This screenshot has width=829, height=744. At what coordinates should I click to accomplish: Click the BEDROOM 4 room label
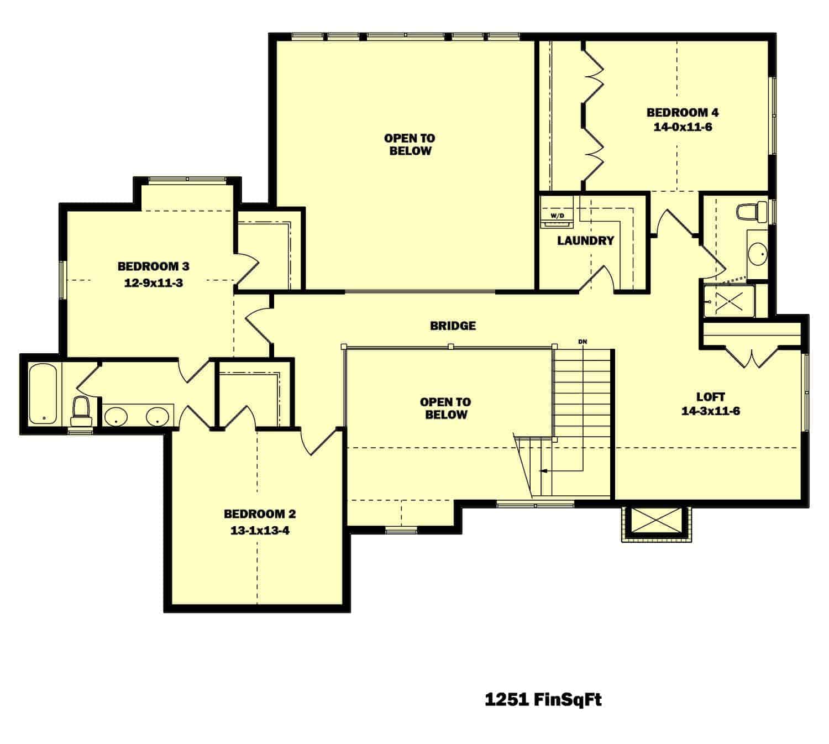(x=683, y=112)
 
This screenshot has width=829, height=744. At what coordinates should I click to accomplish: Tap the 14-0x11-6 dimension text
(x=683, y=127)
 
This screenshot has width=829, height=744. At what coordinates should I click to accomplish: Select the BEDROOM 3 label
(x=153, y=266)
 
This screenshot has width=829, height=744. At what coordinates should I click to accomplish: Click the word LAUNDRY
(x=585, y=240)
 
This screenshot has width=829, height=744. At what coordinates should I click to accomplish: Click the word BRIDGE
(x=453, y=326)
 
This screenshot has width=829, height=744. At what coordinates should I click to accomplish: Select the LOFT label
(x=711, y=396)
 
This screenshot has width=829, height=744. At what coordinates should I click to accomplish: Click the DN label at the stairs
(x=582, y=342)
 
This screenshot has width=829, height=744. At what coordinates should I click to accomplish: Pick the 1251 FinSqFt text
(x=543, y=700)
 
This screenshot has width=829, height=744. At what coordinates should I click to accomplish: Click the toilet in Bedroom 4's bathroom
(x=752, y=212)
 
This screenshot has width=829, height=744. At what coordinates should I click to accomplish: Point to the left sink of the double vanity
(x=116, y=416)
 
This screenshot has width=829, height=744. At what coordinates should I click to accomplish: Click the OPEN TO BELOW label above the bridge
(x=410, y=144)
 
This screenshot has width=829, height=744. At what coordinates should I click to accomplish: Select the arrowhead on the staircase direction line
(x=544, y=471)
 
